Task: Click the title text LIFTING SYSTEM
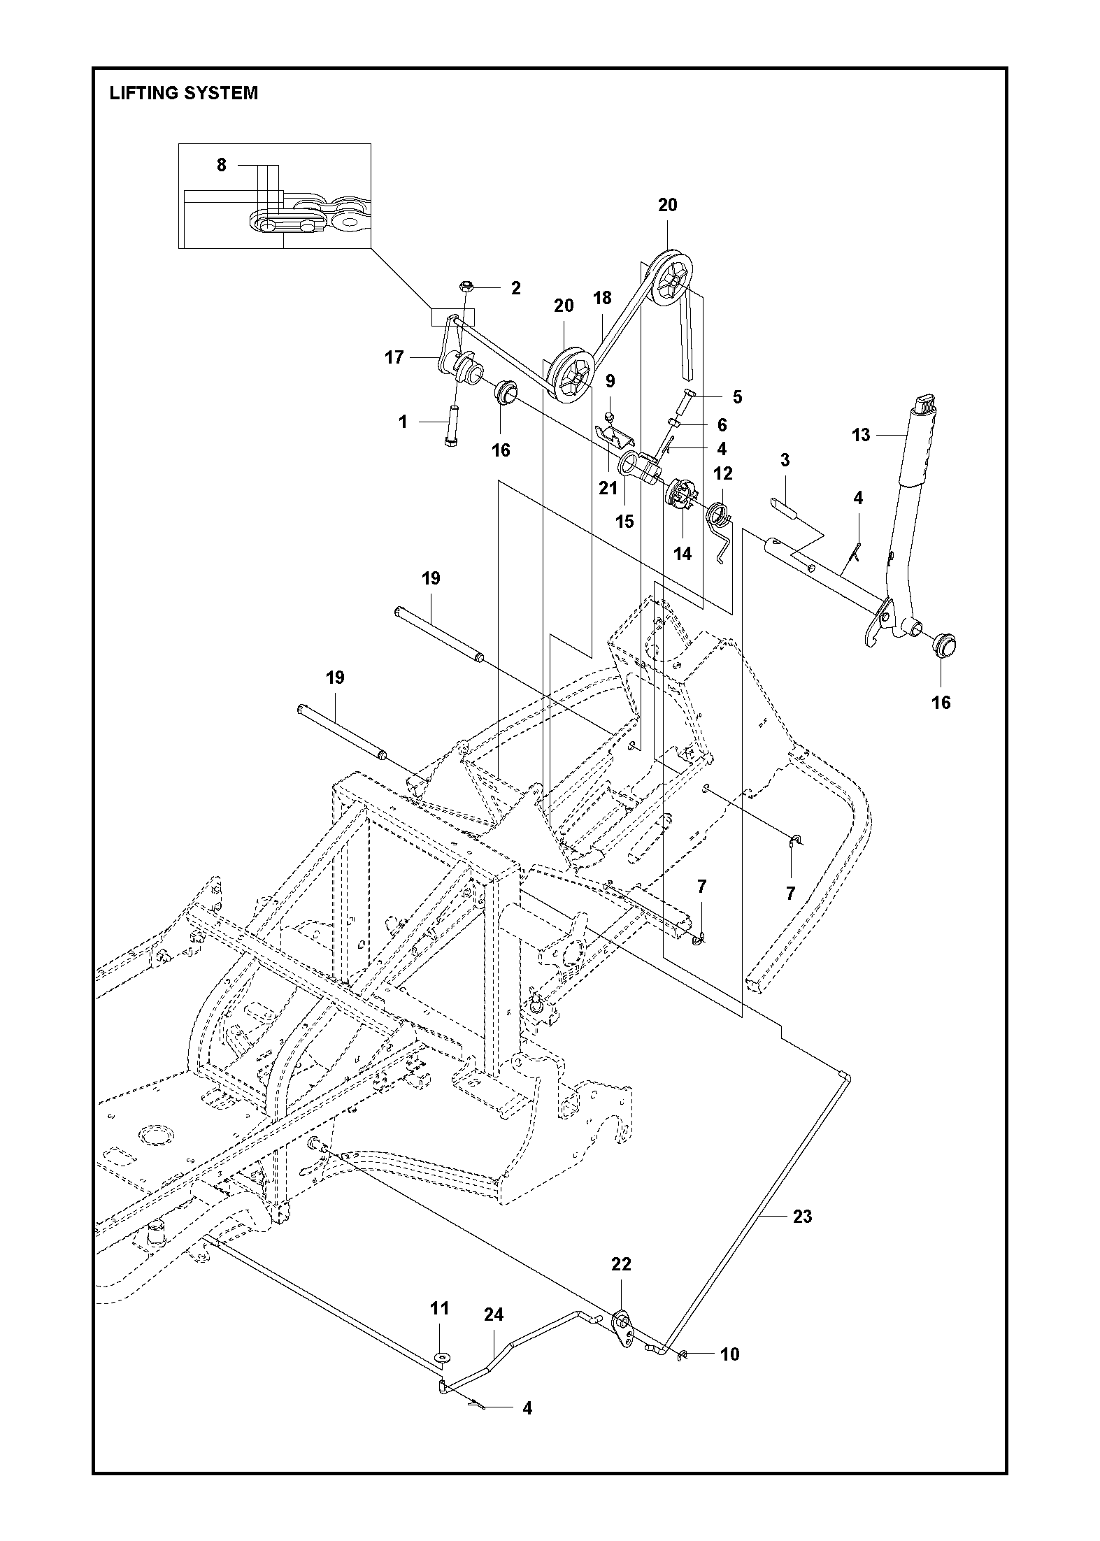coord(183,93)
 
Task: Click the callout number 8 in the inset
coord(222,165)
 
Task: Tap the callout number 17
coord(394,357)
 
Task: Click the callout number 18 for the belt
coord(602,298)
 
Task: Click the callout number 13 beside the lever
coord(861,435)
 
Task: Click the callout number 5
coord(737,396)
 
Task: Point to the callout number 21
coord(608,487)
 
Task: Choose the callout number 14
coord(683,554)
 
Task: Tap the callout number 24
coord(494,1314)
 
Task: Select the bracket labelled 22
coord(620,1321)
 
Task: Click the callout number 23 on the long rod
coord(803,1217)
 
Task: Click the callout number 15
coord(624,521)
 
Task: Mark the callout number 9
coord(610,381)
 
